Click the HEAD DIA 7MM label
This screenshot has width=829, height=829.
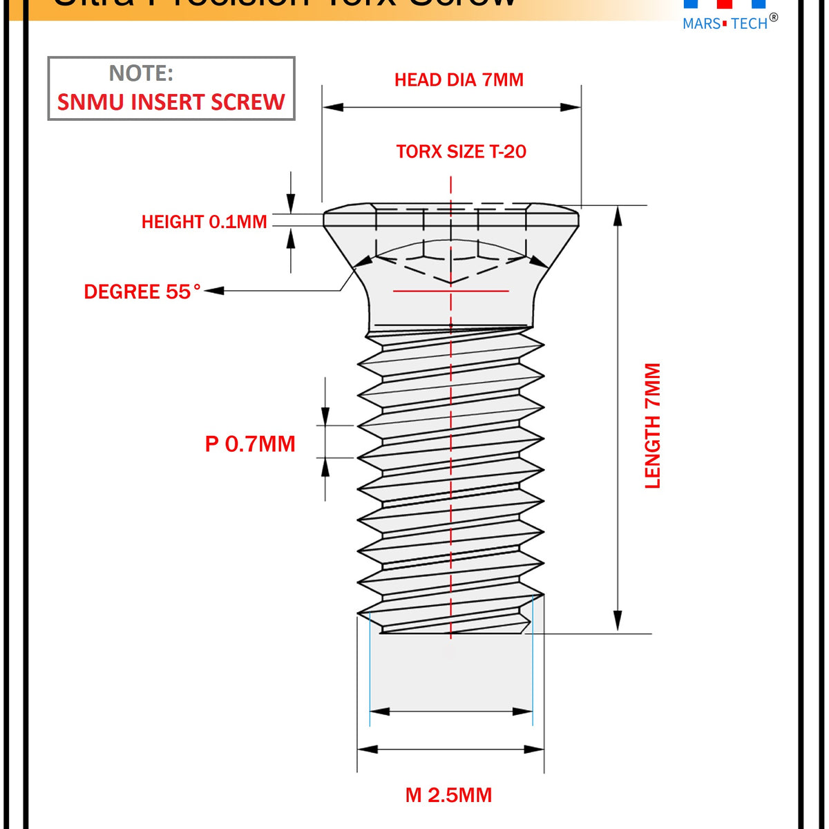coord(459,80)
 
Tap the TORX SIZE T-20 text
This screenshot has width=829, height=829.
coord(461,152)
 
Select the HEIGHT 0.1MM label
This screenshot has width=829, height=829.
coord(204,222)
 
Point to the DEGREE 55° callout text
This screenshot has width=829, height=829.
coord(142,292)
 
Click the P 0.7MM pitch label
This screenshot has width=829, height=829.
coord(250,444)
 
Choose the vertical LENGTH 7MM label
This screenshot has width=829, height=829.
coord(653,426)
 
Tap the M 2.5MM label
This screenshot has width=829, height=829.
coord(448,795)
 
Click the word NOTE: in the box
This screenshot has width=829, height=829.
coord(141,73)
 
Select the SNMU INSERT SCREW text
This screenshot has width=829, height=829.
coord(171,102)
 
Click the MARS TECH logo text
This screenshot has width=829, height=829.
coord(725,24)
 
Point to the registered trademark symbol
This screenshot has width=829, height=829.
coord(773,18)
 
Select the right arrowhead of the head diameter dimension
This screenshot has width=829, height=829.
coord(571,107)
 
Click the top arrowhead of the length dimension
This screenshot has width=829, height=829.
coord(618,216)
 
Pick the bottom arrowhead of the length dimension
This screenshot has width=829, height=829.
coord(618,621)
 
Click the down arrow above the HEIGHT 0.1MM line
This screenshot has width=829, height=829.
coord(291,203)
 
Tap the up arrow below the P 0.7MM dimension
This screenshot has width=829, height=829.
coord(325,468)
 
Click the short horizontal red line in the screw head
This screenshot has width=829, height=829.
coord(450,291)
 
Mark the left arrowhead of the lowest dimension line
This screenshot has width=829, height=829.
coord(368,750)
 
